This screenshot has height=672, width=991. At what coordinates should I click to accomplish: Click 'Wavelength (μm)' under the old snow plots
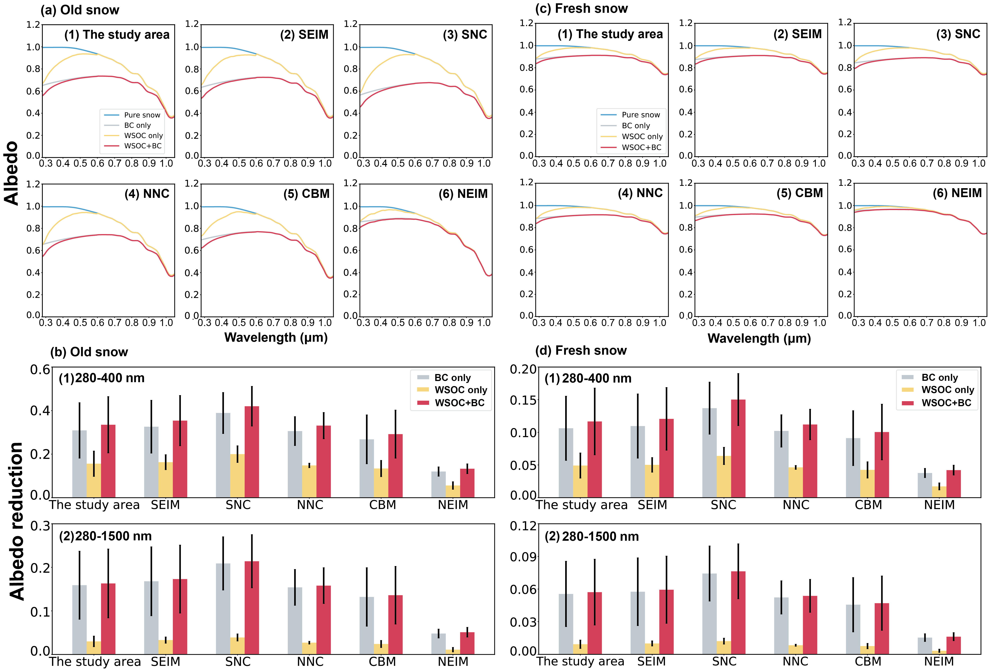pos(276,338)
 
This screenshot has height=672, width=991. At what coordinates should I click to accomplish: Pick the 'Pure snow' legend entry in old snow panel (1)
pos(142,115)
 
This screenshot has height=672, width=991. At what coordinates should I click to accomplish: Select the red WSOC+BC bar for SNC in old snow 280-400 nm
pos(252,452)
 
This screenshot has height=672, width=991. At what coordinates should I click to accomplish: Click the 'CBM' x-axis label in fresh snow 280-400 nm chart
pos(868,505)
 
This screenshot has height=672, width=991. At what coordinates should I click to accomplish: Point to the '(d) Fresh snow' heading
pos(581,350)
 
